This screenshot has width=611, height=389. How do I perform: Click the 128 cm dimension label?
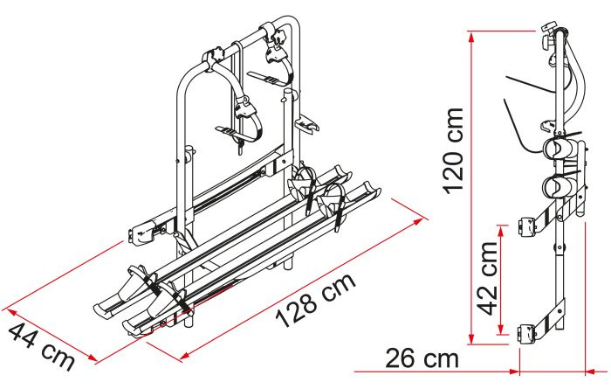(316, 300)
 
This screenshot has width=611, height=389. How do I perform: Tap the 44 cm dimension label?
(41, 347)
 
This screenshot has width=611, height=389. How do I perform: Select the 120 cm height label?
(453, 150)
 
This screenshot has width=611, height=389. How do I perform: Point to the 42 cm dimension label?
(487, 278)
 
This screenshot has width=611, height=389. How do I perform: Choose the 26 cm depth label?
(422, 358)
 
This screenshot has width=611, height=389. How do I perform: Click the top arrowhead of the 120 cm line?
(471, 37)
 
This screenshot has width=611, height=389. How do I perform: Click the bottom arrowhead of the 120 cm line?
(471, 338)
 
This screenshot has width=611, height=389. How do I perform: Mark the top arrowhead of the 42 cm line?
(502, 231)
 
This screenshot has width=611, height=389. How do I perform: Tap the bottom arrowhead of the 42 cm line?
(502, 329)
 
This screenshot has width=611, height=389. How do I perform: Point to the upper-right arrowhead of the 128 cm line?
(418, 222)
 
